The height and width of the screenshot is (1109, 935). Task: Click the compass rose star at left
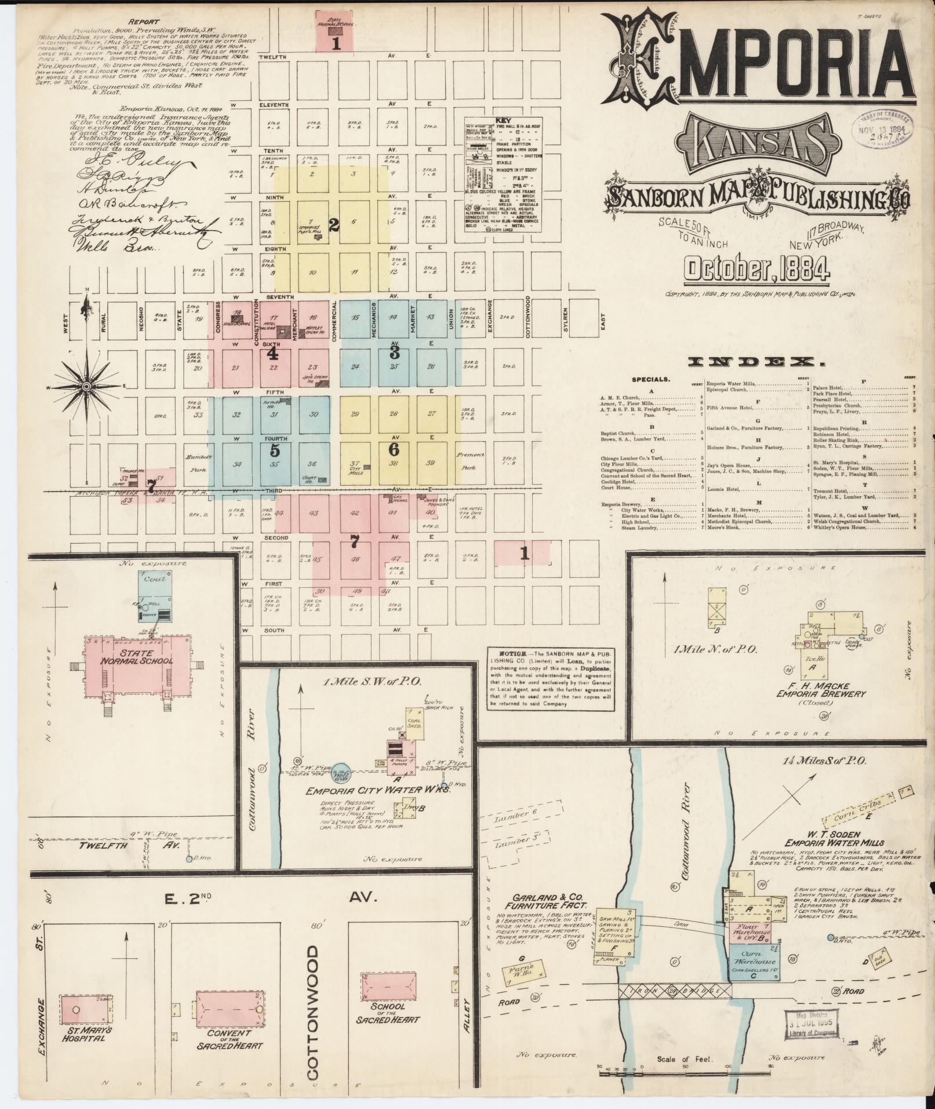(x=86, y=386)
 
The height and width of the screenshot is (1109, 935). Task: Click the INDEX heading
(x=756, y=362)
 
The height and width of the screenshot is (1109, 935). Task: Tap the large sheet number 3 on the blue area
(x=394, y=351)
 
